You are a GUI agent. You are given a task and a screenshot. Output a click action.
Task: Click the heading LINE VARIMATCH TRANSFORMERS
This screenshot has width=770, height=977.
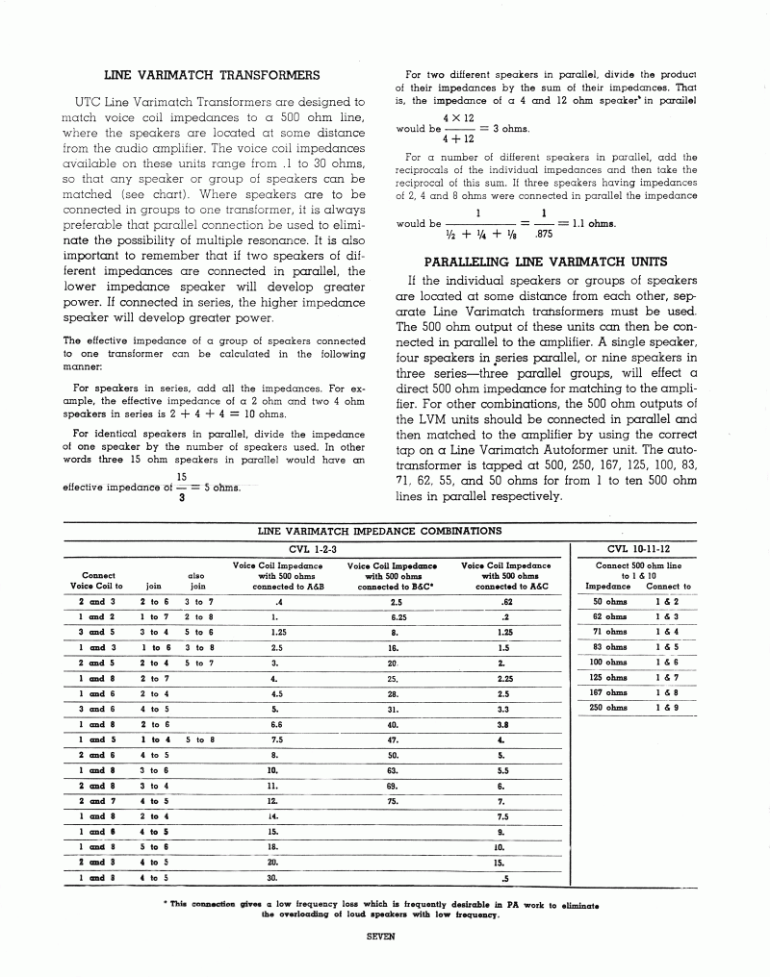pyautogui.click(x=212, y=75)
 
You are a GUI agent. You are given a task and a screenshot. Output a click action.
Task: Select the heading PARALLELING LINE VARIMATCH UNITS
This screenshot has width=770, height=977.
pyautogui.click(x=546, y=261)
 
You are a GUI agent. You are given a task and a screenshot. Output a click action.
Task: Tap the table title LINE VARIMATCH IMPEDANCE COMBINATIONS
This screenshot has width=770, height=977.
pyautogui.click(x=379, y=530)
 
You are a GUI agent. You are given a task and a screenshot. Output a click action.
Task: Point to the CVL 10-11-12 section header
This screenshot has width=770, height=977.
pyautogui.click(x=636, y=548)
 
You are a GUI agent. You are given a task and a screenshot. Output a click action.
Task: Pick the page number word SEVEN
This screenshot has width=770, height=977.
pyautogui.click(x=381, y=943)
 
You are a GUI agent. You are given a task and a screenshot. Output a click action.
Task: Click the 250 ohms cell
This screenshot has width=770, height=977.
pyautogui.click(x=609, y=708)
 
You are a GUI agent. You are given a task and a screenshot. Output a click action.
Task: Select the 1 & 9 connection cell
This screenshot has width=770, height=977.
pyautogui.click(x=668, y=708)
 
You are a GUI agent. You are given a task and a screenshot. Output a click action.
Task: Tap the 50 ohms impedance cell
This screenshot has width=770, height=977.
pyautogui.click(x=609, y=601)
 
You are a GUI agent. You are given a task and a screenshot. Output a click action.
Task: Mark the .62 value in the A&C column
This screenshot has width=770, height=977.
pyautogui.click(x=504, y=601)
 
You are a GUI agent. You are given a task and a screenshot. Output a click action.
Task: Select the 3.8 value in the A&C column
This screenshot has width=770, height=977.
pyautogui.click(x=502, y=723)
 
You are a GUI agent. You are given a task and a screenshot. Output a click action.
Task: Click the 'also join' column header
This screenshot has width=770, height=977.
pyautogui.click(x=197, y=579)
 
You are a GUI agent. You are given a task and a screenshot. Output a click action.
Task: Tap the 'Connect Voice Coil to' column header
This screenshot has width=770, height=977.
pyautogui.click(x=96, y=579)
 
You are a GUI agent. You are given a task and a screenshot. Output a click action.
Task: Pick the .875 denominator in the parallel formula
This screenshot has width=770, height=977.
pyautogui.click(x=544, y=232)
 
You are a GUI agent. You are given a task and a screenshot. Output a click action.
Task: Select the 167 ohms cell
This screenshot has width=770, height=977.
pyautogui.click(x=609, y=692)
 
